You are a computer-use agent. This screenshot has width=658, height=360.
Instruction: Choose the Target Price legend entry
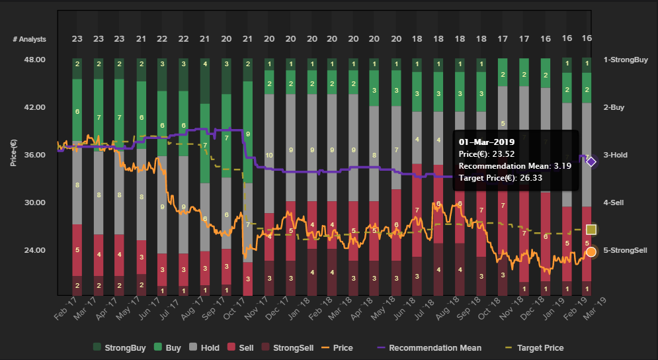coord(540,347)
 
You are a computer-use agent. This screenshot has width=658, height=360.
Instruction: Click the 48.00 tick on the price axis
coord(34,60)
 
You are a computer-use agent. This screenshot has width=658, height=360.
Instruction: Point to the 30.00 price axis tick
coord(34,202)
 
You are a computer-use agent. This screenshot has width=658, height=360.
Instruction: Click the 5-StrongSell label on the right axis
coord(625,250)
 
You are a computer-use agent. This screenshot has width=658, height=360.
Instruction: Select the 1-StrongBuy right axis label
coord(624,60)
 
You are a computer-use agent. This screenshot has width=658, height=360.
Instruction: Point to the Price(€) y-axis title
coord(13,153)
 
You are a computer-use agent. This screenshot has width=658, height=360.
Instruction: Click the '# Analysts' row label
coord(30,39)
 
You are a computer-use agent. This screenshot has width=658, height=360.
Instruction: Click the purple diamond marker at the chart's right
coord(591,161)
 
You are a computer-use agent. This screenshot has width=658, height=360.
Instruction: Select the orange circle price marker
coord(591,251)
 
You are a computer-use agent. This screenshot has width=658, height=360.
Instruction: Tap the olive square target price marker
coord(591,230)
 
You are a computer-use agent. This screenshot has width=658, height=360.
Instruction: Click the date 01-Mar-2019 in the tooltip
coord(486,142)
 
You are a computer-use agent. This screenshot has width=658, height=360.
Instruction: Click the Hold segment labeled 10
coord(269,156)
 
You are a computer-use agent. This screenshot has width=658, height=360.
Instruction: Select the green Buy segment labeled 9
coord(247,134)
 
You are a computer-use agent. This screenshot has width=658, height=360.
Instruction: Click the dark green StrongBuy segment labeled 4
coord(205,64)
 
